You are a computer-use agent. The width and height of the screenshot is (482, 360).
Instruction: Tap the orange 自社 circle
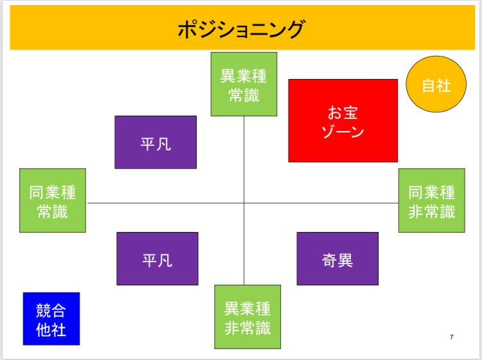click(436, 84)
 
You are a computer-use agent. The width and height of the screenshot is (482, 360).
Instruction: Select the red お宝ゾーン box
click(343, 120)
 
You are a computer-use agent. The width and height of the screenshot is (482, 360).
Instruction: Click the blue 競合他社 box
click(51, 318)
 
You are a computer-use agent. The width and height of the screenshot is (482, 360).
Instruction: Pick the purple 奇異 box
click(337, 258)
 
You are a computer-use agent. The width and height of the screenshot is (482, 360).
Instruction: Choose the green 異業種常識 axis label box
click(244, 84)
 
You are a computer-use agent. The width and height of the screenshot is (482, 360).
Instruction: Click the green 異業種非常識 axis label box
click(247, 317)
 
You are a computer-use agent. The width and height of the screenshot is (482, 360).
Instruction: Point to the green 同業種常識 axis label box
click(53, 200)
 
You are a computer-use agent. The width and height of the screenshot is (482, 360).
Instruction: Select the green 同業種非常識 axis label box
click(432, 200)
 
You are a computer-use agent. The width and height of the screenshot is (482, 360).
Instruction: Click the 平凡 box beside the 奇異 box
click(157, 258)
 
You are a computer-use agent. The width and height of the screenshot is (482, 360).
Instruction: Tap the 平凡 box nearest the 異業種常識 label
click(156, 142)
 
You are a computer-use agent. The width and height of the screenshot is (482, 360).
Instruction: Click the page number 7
click(451, 337)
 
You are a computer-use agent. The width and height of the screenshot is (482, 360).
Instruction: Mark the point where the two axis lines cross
click(244, 203)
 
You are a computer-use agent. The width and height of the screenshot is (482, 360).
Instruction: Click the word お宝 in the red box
click(343, 113)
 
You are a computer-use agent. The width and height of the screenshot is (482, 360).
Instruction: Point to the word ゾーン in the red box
click(343, 132)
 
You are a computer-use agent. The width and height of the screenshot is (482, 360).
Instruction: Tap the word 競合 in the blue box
click(51, 310)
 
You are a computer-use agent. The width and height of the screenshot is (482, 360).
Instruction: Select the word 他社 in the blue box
click(51, 330)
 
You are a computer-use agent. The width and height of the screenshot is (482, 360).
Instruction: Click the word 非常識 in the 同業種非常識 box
click(432, 212)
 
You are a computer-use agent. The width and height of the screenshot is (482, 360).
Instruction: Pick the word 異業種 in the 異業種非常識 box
click(247, 309)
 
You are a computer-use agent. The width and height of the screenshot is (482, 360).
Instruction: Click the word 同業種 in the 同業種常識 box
click(53, 192)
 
